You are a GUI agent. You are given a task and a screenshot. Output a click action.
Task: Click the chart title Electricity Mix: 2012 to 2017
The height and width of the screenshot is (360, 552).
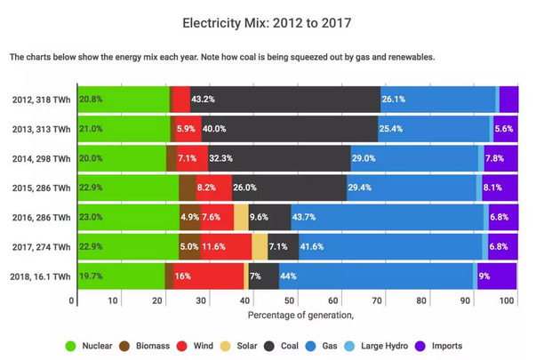[x=276, y=20]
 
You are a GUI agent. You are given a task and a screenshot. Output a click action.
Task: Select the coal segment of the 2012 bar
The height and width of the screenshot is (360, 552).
[x=284, y=100]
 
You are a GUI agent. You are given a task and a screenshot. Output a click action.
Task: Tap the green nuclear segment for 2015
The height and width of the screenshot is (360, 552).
[x=128, y=188]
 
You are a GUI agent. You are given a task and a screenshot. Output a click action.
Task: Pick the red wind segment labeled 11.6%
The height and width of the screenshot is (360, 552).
[x=226, y=246]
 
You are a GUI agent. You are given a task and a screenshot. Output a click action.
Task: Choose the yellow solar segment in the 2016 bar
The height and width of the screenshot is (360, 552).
[x=241, y=217]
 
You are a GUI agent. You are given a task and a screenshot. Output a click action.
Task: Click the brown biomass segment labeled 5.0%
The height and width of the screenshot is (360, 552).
[x=189, y=246]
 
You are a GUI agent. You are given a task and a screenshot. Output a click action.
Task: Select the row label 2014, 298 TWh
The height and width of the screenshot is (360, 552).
[x=39, y=158]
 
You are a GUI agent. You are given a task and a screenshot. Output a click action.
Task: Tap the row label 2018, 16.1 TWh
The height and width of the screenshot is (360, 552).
[x=39, y=276]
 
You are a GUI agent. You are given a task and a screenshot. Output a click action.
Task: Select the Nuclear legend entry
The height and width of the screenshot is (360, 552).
[x=89, y=346]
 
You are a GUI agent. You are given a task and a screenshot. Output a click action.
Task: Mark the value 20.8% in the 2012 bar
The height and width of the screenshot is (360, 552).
[x=91, y=100]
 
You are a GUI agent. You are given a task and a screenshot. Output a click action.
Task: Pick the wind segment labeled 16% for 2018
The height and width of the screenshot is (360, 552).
[x=204, y=276]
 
